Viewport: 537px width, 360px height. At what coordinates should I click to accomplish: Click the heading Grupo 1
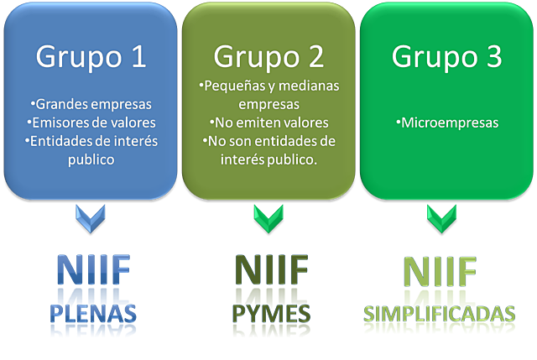click(x=91, y=56)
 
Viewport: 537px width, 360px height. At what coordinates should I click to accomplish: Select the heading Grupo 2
click(x=268, y=56)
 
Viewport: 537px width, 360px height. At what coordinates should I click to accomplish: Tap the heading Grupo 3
click(x=446, y=56)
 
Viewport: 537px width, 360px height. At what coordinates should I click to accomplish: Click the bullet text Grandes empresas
click(x=91, y=105)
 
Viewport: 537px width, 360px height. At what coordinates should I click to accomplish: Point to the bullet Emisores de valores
click(x=91, y=123)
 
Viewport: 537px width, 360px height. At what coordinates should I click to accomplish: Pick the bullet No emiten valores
click(x=268, y=123)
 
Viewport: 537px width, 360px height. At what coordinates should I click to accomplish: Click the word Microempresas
click(x=447, y=123)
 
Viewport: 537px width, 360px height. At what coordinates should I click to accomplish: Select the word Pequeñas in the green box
click(x=234, y=86)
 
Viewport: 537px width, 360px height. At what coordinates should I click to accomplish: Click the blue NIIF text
click(x=93, y=268)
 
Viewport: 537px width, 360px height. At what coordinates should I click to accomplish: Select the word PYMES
click(x=272, y=312)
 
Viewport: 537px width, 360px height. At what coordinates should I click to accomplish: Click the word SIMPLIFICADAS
click(x=440, y=313)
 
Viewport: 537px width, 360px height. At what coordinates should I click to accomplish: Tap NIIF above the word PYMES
click(x=272, y=268)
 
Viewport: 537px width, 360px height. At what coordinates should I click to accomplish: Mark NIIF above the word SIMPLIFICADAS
click(x=440, y=268)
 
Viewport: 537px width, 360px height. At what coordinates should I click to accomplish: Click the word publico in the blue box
click(x=91, y=158)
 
